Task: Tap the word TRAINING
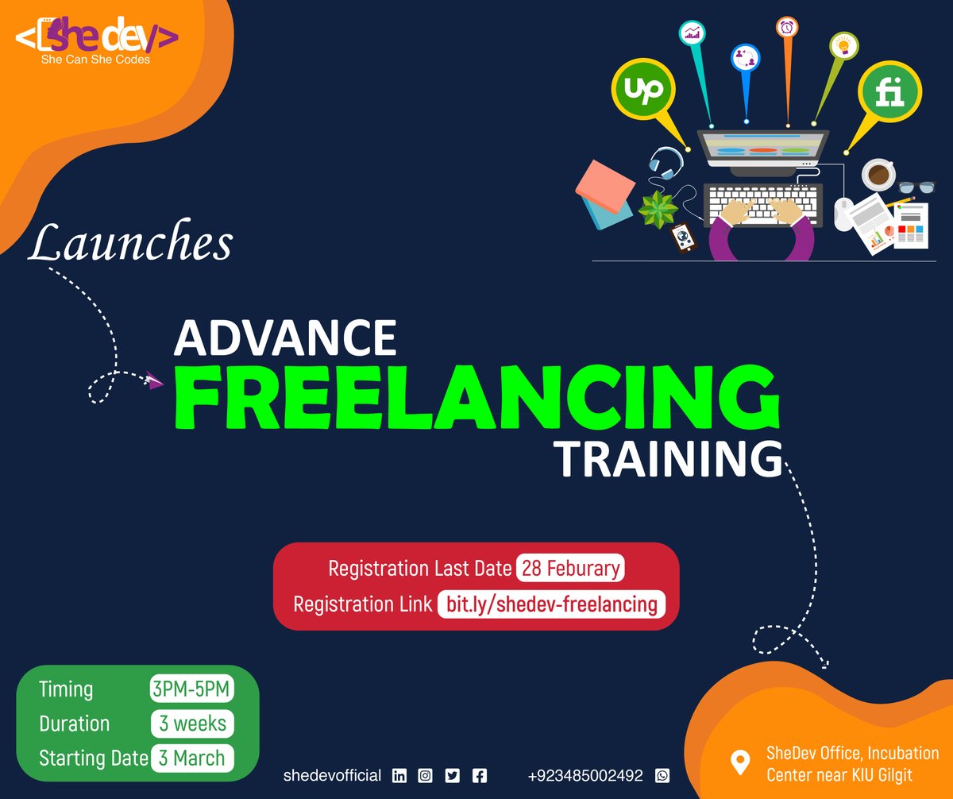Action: [667, 458]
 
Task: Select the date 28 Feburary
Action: [569, 569]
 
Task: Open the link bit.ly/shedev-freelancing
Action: [551, 604]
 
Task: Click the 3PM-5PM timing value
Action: [191, 689]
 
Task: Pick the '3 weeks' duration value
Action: [192, 724]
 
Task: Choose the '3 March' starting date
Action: [191, 757]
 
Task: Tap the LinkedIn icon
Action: [399, 776]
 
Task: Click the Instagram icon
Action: [426, 776]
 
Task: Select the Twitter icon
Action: [453, 776]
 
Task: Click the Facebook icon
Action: [479, 776]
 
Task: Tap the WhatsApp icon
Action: [662, 776]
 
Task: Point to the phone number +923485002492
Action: [585, 776]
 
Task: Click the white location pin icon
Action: [740, 763]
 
